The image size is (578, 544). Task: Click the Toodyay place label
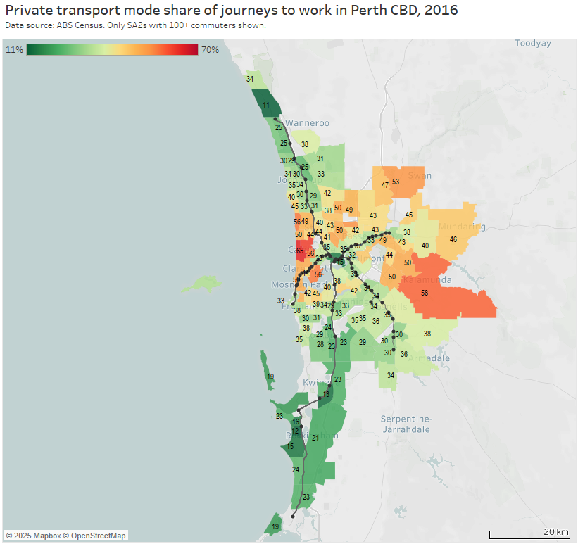[x=533, y=43]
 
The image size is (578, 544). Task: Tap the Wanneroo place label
[x=308, y=123]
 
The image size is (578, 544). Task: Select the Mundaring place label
[x=461, y=227]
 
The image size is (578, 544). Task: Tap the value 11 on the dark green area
[x=266, y=106]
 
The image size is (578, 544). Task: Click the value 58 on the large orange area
[x=425, y=292]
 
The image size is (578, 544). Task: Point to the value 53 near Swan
[x=396, y=182]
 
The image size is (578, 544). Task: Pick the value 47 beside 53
[x=384, y=185]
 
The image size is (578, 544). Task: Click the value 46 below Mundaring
[x=453, y=239]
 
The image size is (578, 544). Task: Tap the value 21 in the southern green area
[x=315, y=438]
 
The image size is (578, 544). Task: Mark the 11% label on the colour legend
[x=14, y=49]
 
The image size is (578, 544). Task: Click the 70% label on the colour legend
[x=210, y=49]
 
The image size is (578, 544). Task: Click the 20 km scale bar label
[x=555, y=531]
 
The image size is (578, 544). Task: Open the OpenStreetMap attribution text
[x=94, y=536]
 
